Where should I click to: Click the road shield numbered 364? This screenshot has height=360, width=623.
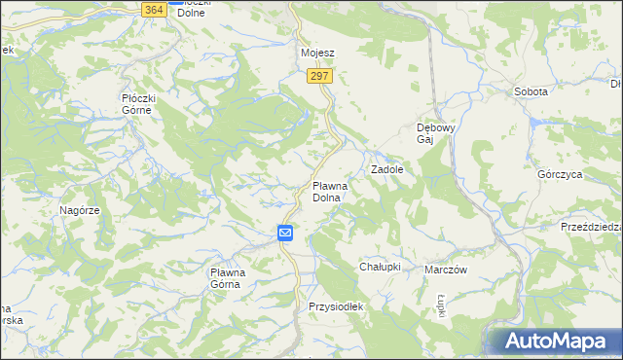click(x=152, y=9)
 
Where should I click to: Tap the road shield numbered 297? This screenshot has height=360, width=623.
click(x=321, y=76)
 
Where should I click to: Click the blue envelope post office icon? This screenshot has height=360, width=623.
click(x=285, y=233)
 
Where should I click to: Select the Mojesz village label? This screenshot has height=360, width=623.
click(x=317, y=53)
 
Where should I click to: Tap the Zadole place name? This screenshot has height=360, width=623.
click(x=386, y=168)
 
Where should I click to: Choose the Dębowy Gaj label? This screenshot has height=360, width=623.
click(x=430, y=133)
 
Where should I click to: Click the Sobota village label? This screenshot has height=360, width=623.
click(x=531, y=91)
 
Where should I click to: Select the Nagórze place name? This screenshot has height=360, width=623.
click(x=80, y=210)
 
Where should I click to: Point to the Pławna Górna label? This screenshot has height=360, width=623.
click(x=233, y=278)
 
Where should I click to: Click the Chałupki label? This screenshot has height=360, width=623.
click(x=380, y=267)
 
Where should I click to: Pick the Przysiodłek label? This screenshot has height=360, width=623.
click(x=335, y=306)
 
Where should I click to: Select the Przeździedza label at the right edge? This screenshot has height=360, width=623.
click(x=591, y=226)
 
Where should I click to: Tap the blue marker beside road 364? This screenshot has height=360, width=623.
click(x=173, y=2)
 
